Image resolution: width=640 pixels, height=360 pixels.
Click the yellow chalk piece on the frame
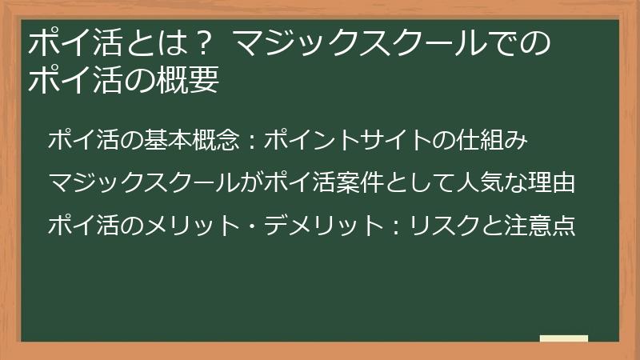[564, 338]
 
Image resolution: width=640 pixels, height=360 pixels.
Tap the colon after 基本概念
[251, 142]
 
